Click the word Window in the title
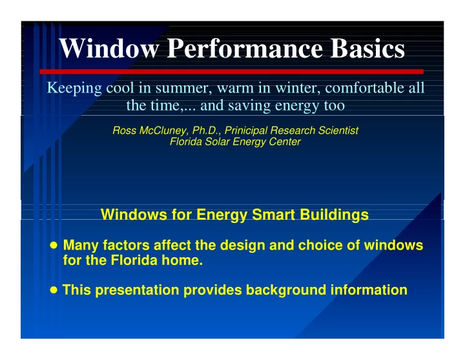[109, 48]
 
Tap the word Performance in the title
[245, 48]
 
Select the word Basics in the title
[367, 48]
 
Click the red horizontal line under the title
[232, 72]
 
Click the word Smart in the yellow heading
[273, 215]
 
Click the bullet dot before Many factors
[54, 246]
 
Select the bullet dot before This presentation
[54, 290]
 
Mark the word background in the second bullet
[286, 290]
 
